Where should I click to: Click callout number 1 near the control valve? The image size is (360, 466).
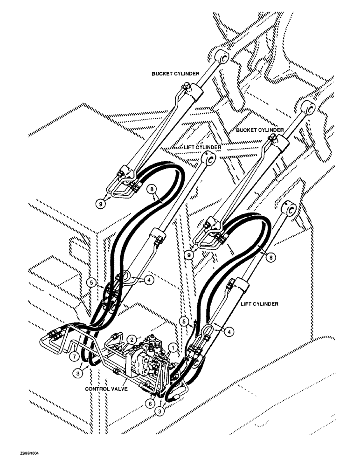173,347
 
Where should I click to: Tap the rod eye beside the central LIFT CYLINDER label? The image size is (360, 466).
209,160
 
